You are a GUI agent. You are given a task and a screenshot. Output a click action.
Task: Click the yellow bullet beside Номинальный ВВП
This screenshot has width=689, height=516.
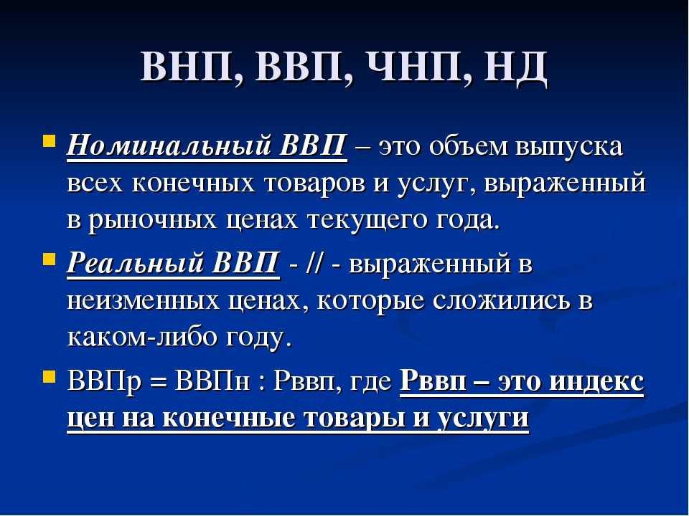(49, 141)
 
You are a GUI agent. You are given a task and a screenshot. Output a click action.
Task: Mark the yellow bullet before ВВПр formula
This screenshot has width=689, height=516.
(49, 376)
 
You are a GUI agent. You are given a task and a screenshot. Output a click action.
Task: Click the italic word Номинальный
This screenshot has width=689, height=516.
(169, 145)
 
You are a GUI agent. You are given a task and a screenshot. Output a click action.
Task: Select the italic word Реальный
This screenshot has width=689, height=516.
(134, 263)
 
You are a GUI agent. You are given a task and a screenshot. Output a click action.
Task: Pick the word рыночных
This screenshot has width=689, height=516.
(152, 220)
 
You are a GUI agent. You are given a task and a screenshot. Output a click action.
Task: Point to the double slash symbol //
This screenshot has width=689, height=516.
(311, 264)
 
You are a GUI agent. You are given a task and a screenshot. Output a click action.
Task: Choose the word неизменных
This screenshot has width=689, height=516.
(144, 301)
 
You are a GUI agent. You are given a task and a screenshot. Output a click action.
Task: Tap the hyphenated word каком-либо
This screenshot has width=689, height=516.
(142, 337)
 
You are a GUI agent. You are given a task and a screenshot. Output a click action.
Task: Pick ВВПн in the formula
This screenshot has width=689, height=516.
(212, 381)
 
